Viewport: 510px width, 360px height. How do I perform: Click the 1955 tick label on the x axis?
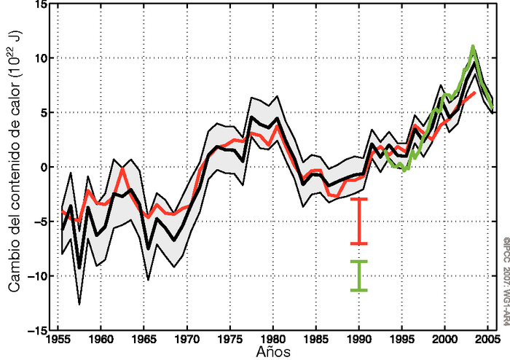(x=59, y=339)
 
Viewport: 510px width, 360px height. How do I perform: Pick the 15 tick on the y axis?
(x=42, y=5)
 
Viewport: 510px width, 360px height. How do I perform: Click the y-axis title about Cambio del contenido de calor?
(x=14, y=168)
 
